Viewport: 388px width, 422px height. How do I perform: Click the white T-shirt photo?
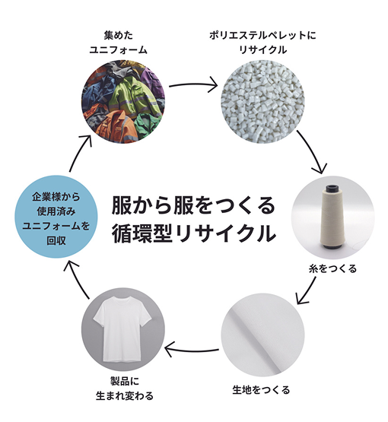(123, 329)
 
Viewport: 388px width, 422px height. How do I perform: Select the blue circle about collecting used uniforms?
(56, 217)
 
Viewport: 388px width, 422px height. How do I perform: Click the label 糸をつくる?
(332, 268)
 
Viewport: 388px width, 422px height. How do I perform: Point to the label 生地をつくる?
(261, 389)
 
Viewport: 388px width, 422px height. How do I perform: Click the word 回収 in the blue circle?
(56, 240)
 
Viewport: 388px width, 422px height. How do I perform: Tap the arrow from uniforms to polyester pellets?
(193, 84)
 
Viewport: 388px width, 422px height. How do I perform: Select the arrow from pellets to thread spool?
(312, 152)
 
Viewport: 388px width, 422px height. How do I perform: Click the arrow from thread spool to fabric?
(306, 290)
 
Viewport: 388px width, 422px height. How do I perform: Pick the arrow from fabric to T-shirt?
(192, 350)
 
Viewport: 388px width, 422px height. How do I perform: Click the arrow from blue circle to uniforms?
(80, 153)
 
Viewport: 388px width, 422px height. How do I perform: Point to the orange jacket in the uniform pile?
(115, 126)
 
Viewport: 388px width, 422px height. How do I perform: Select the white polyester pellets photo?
(262, 101)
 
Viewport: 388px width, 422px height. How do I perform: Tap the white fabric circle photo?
(262, 335)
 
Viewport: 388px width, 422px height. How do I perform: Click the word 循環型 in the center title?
(142, 233)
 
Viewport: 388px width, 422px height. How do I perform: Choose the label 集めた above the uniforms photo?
(118, 35)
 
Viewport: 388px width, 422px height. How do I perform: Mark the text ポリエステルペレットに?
(262, 35)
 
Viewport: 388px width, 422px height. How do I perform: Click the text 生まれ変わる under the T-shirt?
(125, 395)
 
